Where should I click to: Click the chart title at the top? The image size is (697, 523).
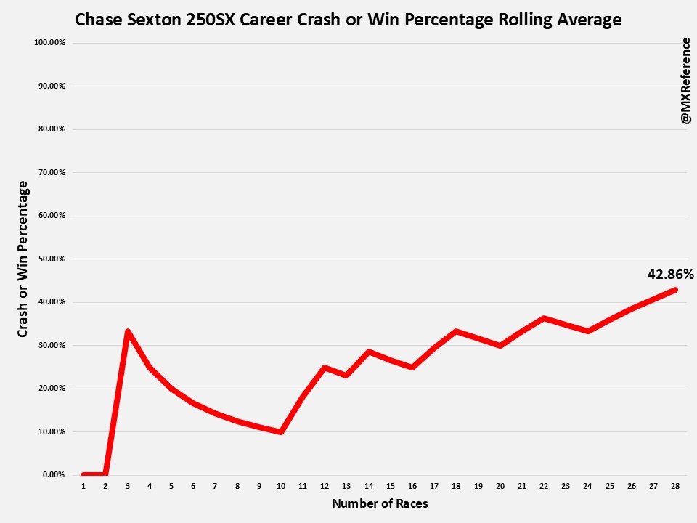point(348,20)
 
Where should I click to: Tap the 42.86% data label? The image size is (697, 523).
point(670,274)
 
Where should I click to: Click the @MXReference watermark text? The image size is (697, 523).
point(686,80)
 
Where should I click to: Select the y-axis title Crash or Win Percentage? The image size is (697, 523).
point(23,259)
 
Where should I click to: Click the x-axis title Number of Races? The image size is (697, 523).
point(380,503)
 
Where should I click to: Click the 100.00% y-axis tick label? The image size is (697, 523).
point(49,42)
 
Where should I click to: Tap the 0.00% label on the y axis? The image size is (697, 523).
point(53,474)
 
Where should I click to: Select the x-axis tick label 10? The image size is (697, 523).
point(280,485)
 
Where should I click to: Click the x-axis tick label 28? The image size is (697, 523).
point(676,485)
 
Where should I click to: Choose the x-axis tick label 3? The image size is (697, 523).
point(127,485)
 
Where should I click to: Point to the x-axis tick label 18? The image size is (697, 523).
point(456,485)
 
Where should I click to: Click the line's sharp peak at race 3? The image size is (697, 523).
point(128,331)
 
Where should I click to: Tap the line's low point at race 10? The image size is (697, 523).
point(280,431)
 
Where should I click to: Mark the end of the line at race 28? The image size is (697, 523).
point(675,290)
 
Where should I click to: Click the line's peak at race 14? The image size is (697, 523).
point(369,352)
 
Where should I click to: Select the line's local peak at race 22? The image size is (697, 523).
point(544,318)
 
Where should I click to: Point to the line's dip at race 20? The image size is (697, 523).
point(500,345)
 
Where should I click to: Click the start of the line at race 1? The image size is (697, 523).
point(83,474)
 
